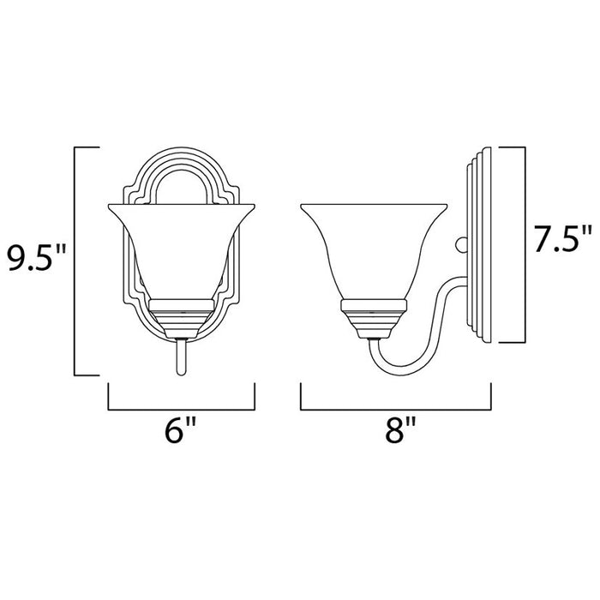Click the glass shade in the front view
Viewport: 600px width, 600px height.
[181, 249]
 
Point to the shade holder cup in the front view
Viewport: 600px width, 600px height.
[181, 313]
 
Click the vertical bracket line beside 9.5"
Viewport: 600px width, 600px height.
[76, 261]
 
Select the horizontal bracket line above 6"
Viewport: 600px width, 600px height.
[182, 409]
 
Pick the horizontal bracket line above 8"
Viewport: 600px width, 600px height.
[395, 409]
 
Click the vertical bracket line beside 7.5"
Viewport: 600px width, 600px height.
[522, 242]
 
